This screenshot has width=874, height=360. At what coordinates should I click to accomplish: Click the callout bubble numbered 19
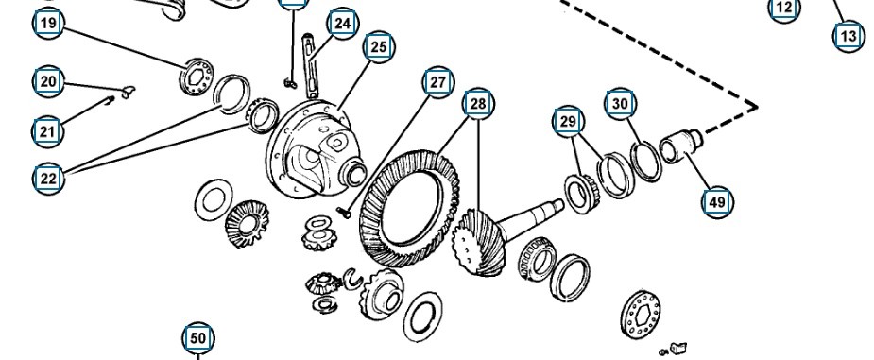pyautogui.click(x=48, y=24)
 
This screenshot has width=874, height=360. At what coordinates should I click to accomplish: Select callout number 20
pyautogui.click(x=48, y=82)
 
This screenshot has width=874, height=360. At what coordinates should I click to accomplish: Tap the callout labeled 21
pyautogui.click(x=48, y=132)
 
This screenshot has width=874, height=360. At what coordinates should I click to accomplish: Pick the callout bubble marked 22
pyautogui.click(x=48, y=179)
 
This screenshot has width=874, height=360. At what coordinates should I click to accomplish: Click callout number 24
pyautogui.click(x=343, y=24)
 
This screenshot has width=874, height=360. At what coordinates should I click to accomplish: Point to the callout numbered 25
pyautogui.click(x=379, y=47)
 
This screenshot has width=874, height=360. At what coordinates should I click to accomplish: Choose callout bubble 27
pyautogui.click(x=438, y=82)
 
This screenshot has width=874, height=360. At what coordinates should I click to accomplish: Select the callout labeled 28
pyautogui.click(x=478, y=104)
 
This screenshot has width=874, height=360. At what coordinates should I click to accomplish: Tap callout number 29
pyautogui.click(x=568, y=122)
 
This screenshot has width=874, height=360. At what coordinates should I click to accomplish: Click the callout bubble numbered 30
pyautogui.click(x=620, y=104)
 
